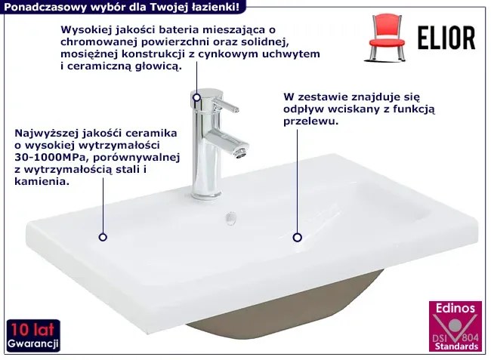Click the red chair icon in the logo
click(387, 38)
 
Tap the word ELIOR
click(446, 38)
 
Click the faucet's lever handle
click(226, 106)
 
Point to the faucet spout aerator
click(242, 152)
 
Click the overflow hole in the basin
click(231, 218)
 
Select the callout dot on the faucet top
click(196, 97)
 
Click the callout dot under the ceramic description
click(103, 237)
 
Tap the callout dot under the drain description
click(297, 238)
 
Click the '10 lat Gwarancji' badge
click(33, 335)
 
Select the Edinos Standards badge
click(455, 326)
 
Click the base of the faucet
click(205, 195)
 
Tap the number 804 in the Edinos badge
click(470, 338)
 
